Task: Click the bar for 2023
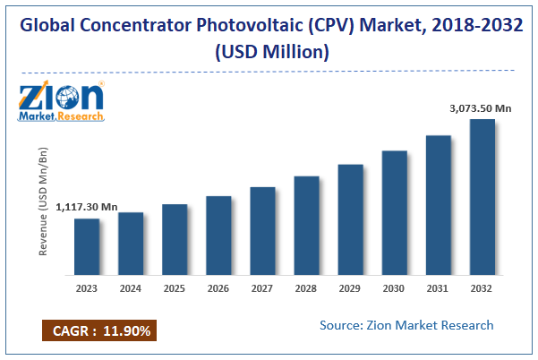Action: [x=87, y=246]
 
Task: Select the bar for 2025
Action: [x=175, y=239]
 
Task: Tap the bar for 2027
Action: [x=262, y=230]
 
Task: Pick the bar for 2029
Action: [x=350, y=219]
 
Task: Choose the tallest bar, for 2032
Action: [x=482, y=197]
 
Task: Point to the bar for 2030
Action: [x=395, y=212]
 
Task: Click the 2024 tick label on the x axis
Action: [x=131, y=288]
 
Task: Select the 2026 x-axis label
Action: [x=218, y=288]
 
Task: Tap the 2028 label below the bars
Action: [x=306, y=288]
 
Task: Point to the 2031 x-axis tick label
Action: [x=439, y=288]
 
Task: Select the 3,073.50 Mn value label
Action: [x=481, y=108]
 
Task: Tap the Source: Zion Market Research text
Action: [x=406, y=324]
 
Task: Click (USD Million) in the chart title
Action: [x=269, y=52]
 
